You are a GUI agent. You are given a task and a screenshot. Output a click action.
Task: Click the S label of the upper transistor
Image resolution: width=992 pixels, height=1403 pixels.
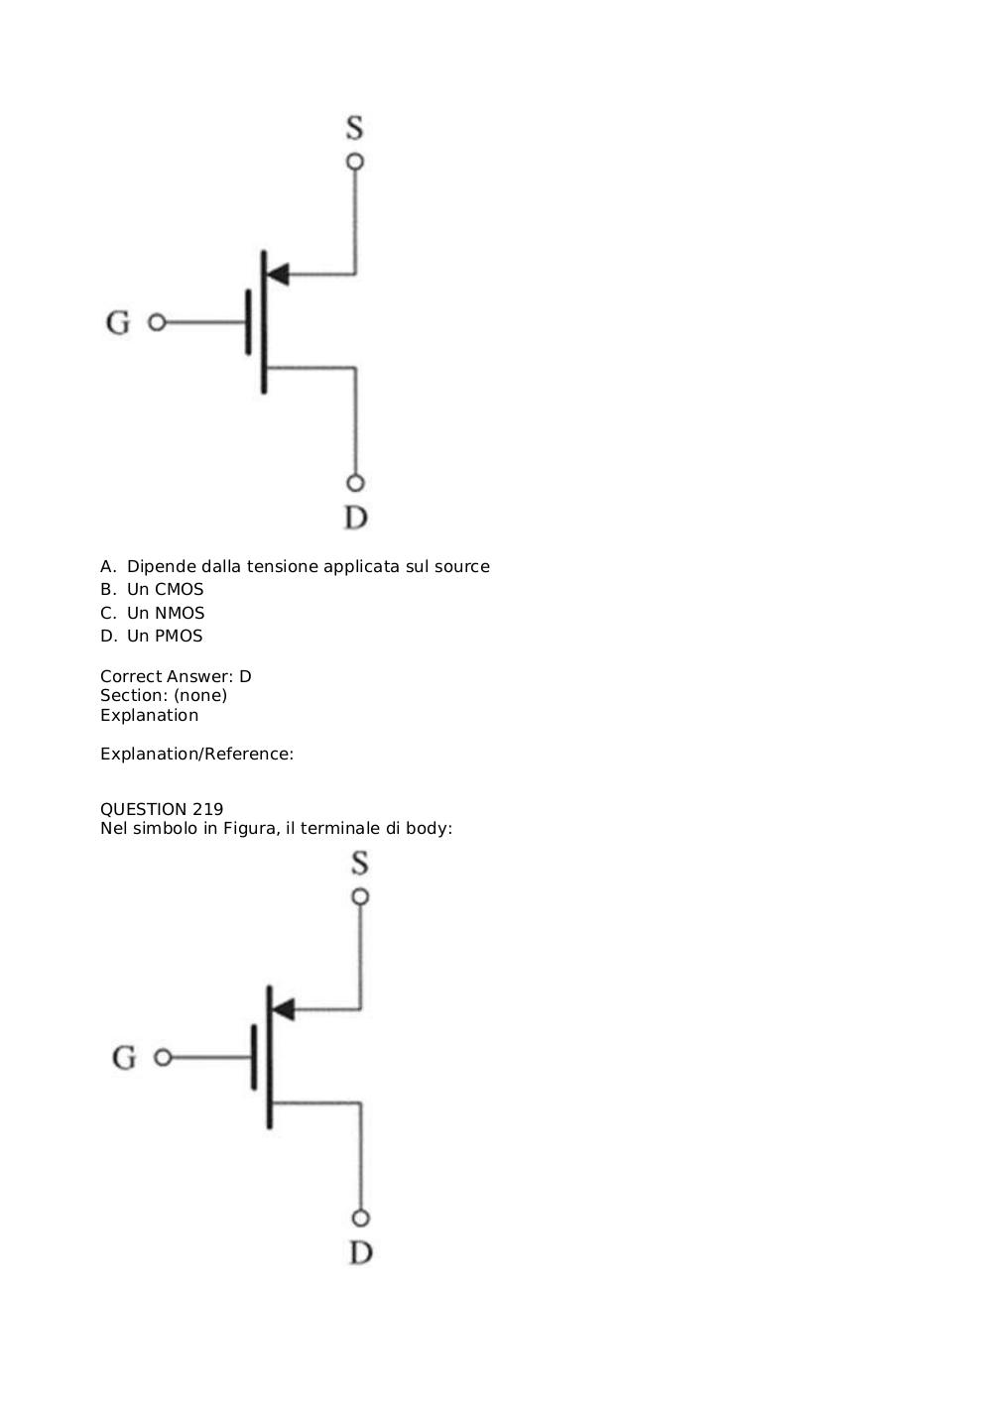pos(355,127)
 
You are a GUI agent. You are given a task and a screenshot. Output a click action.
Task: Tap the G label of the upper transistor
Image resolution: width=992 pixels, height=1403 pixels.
pos(118,322)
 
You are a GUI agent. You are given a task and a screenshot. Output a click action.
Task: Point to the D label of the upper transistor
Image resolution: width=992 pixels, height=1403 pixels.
pos(356,518)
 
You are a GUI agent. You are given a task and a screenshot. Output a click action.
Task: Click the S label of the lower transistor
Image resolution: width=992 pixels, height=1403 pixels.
pos(360,863)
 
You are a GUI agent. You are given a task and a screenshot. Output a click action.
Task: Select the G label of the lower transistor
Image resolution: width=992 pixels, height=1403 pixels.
pos(123,1058)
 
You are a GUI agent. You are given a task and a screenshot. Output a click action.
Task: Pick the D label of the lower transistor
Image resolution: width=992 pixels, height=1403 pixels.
pos(361,1252)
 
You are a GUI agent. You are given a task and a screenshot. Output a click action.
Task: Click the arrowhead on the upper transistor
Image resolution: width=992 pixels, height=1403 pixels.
pos(277,275)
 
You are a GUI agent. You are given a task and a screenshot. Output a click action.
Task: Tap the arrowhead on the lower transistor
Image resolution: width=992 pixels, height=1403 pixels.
pos(283,1009)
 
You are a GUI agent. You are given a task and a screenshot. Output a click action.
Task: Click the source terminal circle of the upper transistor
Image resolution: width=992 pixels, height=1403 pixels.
pos(355,162)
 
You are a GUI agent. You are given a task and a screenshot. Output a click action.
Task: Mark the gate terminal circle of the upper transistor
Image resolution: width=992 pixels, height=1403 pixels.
pos(157,322)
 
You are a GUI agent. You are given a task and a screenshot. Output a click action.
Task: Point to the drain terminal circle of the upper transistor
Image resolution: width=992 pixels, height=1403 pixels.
pos(355,484)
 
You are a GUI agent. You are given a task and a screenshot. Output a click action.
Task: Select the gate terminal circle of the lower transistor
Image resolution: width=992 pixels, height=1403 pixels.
pos(163,1058)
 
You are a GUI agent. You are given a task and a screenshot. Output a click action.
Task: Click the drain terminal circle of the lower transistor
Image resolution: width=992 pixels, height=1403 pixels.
pos(360,1219)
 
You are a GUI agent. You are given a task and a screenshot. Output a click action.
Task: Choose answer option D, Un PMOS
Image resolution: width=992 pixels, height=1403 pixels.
pos(152,636)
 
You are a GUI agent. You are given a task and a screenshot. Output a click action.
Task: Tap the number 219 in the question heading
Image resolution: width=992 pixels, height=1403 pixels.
pos(208,809)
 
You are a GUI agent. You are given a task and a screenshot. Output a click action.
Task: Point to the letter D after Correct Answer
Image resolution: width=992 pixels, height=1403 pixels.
pos(245,676)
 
